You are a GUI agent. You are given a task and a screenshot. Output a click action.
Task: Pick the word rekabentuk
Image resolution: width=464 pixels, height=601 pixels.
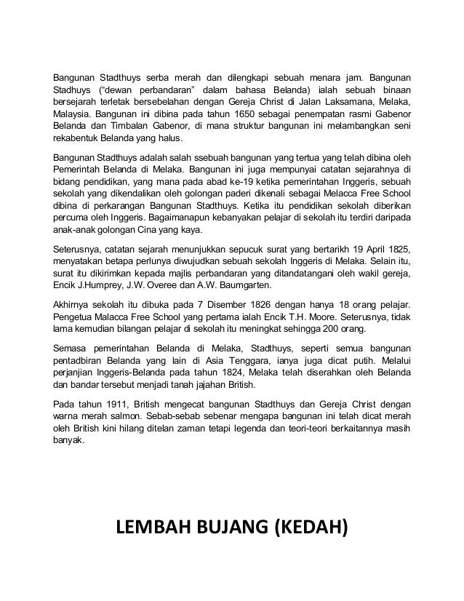tap(73, 141)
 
